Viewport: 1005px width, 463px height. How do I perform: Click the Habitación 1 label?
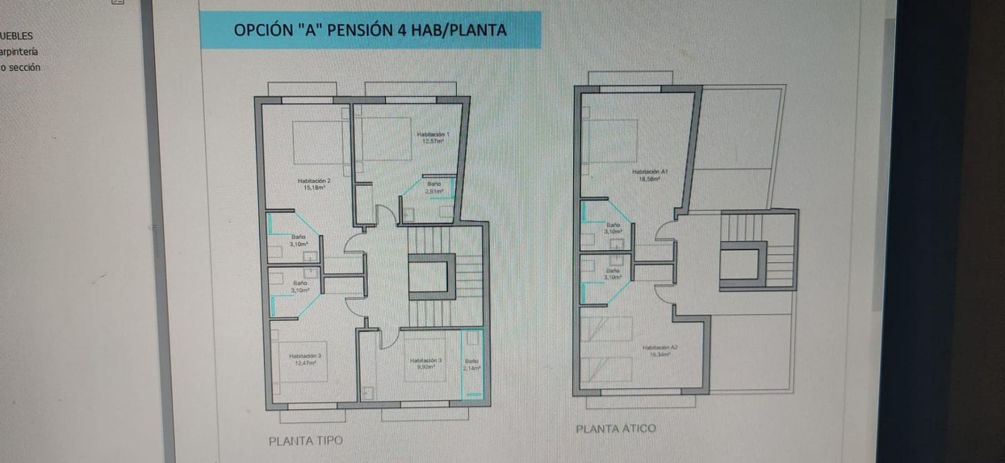tap(433, 134)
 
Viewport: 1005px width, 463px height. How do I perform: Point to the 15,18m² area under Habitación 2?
tap(313, 187)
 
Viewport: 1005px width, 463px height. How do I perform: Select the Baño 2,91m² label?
tap(434, 187)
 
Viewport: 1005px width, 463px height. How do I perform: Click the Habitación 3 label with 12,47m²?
tap(305, 359)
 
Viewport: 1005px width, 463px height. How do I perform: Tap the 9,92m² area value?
tap(426, 367)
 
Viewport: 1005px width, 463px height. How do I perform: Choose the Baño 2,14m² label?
tap(472, 365)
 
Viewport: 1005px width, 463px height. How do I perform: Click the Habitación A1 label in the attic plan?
tap(649, 172)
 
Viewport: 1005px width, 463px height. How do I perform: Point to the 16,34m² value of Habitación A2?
tap(660, 354)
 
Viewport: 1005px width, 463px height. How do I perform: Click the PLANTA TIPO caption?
tap(306, 441)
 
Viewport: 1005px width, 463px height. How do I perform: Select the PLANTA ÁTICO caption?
tap(616, 429)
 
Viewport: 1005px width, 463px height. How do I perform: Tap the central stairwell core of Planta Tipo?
tap(431, 277)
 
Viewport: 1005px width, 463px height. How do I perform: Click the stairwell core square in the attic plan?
tap(739, 264)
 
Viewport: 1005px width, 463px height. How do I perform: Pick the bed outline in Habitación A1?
tap(609, 141)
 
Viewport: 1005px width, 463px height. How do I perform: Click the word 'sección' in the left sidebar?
tap(24, 67)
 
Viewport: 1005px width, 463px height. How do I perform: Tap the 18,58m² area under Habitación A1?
tap(649, 179)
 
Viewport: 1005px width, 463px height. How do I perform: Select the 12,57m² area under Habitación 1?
tap(433, 141)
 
